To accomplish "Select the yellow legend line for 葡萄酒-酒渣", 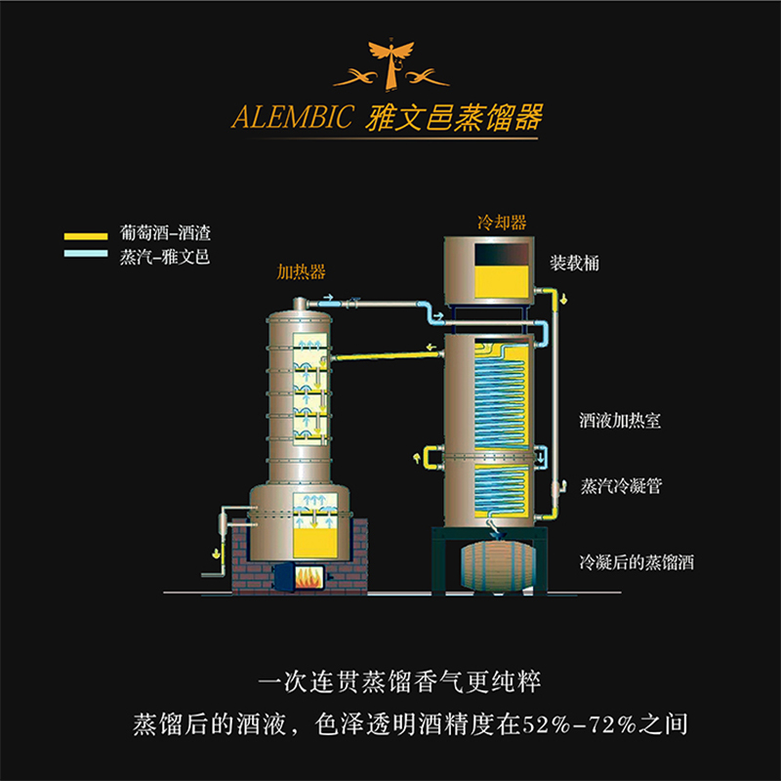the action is [x=86, y=237].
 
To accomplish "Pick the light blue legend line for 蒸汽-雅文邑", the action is [x=86, y=253].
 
